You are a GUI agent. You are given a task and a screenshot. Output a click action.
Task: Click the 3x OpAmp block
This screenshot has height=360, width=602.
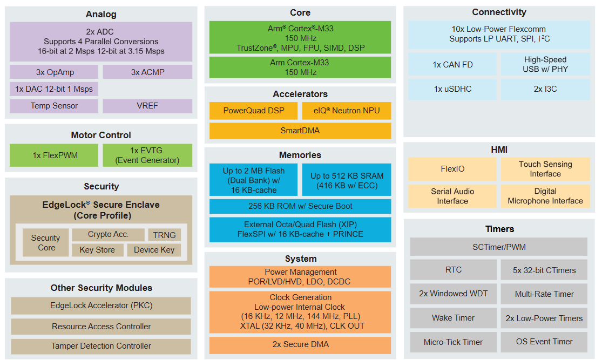(x=54, y=72)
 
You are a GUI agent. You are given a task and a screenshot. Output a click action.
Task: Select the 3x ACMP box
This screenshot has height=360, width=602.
(x=147, y=72)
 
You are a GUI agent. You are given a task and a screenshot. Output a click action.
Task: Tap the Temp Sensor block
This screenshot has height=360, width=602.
(x=54, y=106)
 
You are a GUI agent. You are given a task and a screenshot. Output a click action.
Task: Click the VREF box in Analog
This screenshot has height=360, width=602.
(x=147, y=106)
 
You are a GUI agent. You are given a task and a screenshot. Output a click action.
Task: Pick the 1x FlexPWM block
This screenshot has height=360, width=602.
(x=55, y=155)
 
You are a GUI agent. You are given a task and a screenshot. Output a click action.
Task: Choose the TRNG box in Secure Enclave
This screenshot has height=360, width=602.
(x=164, y=235)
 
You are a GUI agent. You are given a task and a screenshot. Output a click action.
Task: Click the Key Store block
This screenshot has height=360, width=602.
(x=97, y=250)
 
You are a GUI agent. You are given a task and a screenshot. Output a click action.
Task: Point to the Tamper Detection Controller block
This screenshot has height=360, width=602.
(x=101, y=346)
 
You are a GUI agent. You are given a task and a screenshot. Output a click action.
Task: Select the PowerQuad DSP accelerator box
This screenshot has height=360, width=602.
(x=253, y=111)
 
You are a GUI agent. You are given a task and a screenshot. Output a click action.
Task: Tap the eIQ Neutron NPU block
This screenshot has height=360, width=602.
(x=347, y=111)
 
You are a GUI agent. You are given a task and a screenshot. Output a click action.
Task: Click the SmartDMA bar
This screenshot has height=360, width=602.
(x=300, y=131)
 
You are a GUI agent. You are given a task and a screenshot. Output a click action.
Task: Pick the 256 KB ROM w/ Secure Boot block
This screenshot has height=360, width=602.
(x=300, y=206)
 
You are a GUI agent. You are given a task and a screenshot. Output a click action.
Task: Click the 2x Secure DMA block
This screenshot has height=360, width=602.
(x=300, y=344)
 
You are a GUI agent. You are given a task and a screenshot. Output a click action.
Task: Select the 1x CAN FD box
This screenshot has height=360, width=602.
(x=452, y=64)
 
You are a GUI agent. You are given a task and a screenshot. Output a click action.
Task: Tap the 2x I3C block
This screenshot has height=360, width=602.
(x=545, y=89)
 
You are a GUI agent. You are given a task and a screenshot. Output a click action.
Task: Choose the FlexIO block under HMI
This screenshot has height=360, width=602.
(x=452, y=169)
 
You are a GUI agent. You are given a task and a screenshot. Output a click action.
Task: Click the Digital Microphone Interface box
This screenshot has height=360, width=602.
(x=545, y=196)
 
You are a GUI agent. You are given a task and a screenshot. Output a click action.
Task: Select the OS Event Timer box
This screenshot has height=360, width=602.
(x=544, y=342)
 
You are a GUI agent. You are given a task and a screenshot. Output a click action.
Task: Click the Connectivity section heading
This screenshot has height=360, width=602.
(x=499, y=12)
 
